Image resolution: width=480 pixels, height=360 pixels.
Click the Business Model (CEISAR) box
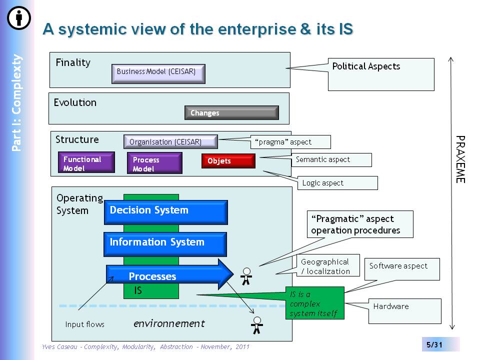158,73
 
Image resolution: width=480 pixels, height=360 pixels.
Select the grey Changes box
231,112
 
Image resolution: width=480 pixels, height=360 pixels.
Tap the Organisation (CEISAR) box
170,141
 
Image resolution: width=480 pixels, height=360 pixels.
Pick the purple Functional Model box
86,162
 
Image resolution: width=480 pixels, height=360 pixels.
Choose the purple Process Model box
154,163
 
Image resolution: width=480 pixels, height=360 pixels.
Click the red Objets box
228,161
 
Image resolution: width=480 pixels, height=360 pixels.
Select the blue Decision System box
165,212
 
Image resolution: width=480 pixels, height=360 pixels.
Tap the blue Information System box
165,244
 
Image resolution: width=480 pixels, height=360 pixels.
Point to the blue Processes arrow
170,274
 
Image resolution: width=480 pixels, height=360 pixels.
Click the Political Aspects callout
381,74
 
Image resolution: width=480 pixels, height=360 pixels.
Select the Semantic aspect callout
331,160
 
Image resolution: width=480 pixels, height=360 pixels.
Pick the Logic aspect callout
337,183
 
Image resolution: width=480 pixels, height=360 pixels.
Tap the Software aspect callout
402,269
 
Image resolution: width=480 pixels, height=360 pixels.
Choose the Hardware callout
404,311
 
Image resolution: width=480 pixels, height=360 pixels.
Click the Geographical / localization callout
328,265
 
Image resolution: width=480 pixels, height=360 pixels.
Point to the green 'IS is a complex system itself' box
315,303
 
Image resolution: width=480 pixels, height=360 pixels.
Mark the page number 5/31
434,344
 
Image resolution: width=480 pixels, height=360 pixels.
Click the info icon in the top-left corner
19,18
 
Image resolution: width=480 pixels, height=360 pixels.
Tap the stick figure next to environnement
257,325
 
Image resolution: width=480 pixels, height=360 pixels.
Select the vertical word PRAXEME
460,159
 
